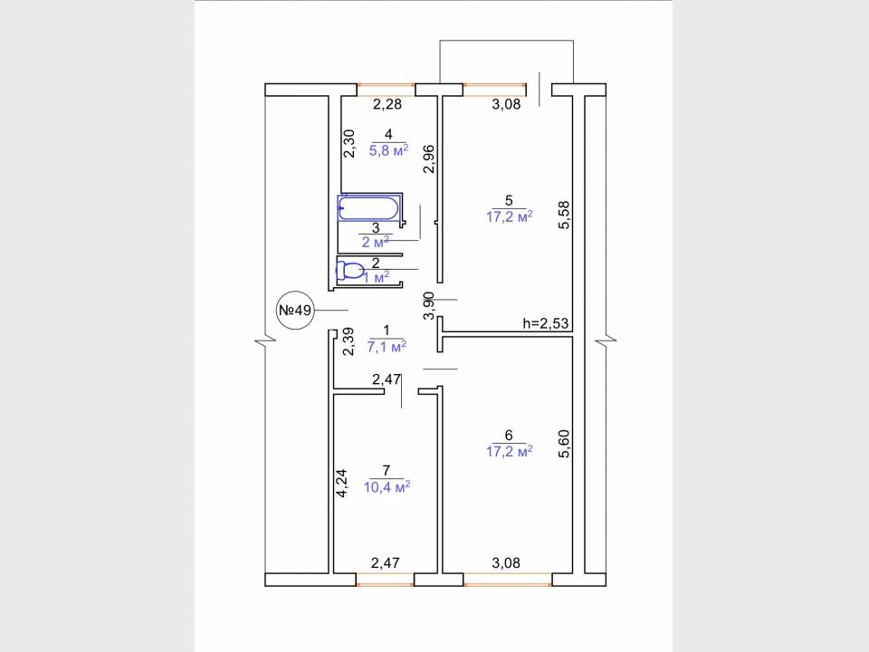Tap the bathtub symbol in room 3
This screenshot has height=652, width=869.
(x=368, y=208)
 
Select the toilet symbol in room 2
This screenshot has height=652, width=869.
(x=350, y=271)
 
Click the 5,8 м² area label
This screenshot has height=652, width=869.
(x=389, y=149)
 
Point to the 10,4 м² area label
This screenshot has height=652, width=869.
(x=387, y=487)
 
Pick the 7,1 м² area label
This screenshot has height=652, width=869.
(x=387, y=347)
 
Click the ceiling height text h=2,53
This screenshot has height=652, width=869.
(x=546, y=323)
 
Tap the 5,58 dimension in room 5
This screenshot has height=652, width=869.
(x=564, y=216)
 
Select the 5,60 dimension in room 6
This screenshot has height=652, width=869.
(x=564, y=444)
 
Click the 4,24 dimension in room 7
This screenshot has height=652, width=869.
(x=341, y=483)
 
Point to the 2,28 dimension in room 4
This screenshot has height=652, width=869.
(x=387, y=103)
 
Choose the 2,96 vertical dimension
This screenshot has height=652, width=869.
(x=429, y=159)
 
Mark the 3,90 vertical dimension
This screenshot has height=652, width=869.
(x=429, y=306)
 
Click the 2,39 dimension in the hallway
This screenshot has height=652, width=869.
(x=348, y=341)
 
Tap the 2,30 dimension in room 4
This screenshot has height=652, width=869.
(x=349, y=144)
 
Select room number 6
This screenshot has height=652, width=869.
(x=509, y=436)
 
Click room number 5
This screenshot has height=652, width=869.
(x=509, y=200)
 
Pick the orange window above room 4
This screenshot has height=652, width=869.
(x=386, y=85)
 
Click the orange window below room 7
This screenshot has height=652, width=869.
(x=385, y=584)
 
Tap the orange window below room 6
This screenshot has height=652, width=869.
(x=508, y=584)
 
